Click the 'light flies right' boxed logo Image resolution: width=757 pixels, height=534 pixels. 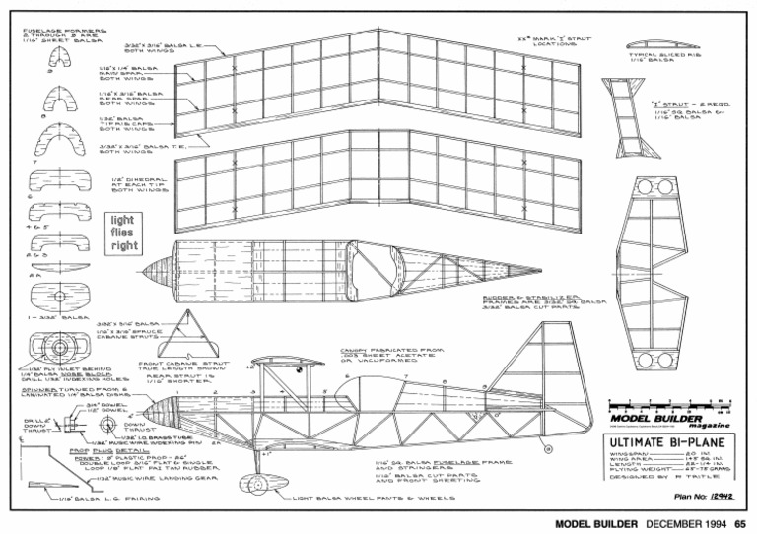coord(123,234)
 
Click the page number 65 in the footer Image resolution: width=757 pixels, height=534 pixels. coord(740,524)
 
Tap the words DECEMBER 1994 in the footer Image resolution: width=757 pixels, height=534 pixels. coord(686,524)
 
